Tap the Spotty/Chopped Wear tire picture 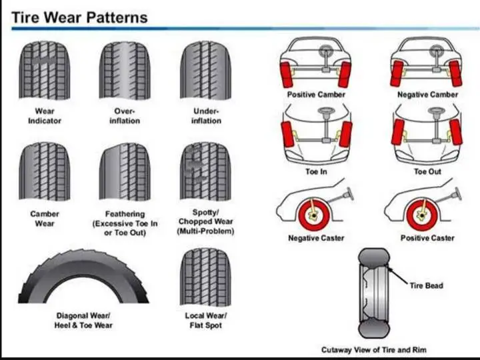[x=206, y=172]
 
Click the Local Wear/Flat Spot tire [x=206, y=276]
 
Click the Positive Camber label [x=316, y=95]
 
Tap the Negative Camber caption [x=428, y=95]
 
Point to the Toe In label [x=316, y=172]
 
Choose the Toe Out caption [x=428, y=172]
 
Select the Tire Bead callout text [x=426, y=286]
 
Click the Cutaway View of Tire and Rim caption [x=373, y=349]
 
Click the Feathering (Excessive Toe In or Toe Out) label [x=125, y=223]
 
